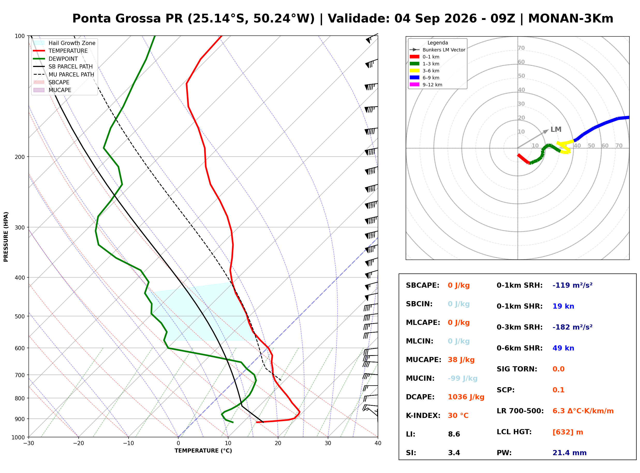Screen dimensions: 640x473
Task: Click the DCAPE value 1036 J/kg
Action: point(466,397)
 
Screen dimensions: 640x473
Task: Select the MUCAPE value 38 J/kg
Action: point(461,360)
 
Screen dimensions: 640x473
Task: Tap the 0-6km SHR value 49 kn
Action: point(563,348)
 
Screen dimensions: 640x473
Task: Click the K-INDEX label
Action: point(423,415)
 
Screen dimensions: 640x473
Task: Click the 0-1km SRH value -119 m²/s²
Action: point(572,285)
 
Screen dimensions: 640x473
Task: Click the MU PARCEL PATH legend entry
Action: point(64,74)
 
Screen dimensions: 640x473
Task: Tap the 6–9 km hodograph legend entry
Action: point(426,78)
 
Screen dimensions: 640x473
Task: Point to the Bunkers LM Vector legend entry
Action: point(437,50)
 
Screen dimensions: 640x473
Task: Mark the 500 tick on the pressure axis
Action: point(20,316)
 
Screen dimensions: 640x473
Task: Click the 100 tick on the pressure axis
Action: point(20,36)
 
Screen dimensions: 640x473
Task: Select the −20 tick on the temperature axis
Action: point(78,443)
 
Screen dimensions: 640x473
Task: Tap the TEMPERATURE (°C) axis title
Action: point(203,451)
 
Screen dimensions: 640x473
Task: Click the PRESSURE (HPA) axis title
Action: point(6,236)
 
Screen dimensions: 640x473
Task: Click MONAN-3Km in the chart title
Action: point(570,19)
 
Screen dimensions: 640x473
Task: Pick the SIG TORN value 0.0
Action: point(558,369)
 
